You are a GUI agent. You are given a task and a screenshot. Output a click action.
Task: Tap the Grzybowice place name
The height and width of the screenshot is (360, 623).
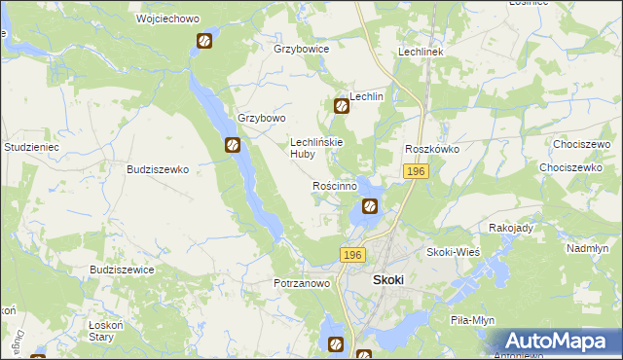(302, 48)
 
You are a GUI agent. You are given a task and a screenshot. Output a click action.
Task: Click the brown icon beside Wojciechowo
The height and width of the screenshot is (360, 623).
(204, 41)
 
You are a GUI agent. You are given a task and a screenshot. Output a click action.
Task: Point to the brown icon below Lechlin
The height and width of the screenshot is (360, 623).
(342, 107)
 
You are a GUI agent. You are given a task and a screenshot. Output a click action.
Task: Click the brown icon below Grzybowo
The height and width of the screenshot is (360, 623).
(234, 146)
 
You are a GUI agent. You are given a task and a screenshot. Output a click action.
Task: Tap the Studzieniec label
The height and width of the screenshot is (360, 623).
(33, 147)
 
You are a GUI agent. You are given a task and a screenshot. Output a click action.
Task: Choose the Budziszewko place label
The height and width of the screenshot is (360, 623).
(157, 168)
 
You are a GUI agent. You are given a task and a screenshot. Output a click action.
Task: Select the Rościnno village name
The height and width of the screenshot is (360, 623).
(340, 185)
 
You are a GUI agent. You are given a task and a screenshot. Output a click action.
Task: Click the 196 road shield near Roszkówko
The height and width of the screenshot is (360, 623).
(416, 171)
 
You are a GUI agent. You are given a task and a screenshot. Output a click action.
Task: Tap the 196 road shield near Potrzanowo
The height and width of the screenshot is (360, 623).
(352, 254)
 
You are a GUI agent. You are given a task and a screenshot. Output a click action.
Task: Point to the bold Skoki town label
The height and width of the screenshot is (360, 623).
(388, 279)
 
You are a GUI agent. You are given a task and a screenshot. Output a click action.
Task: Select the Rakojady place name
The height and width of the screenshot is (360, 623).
(512, 227)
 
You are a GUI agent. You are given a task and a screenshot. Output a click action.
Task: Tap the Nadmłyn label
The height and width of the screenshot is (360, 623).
(587, 248)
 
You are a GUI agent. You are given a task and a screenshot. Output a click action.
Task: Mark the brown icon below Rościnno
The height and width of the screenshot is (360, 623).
(370, 206)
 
